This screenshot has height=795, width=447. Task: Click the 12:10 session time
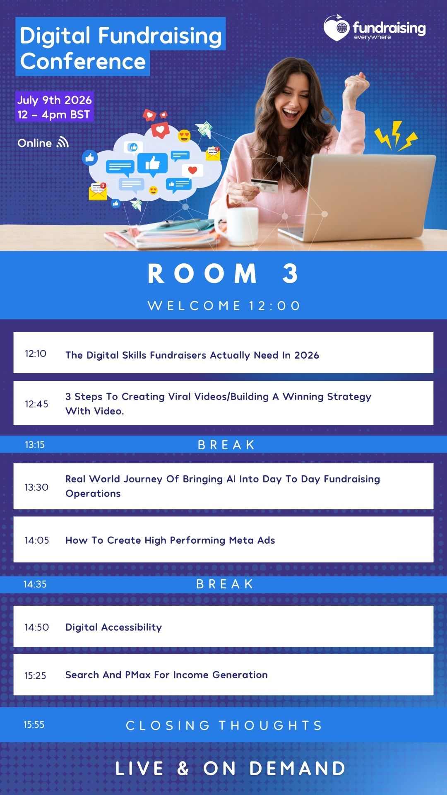pos(36,354)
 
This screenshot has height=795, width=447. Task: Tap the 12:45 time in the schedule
pos(36,404)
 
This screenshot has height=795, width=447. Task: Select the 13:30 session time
pos(36,487)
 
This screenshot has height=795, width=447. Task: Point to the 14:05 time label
pos(37,540)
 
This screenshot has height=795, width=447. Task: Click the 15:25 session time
pos(35,676)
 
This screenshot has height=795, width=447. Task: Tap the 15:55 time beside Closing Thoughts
pos(34,725)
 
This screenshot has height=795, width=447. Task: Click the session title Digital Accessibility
pos(113,627)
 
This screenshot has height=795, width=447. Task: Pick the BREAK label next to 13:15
pos(226,445)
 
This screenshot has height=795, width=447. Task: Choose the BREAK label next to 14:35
pos(225,584)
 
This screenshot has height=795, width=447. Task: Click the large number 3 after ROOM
pos(291,274)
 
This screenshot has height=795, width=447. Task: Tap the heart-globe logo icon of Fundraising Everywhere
pos(337,28)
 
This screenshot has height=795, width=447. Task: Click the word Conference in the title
pos(83,62)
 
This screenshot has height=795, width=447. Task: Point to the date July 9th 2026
pos(54,100)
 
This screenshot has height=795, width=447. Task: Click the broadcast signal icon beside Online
pos(62,142)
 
